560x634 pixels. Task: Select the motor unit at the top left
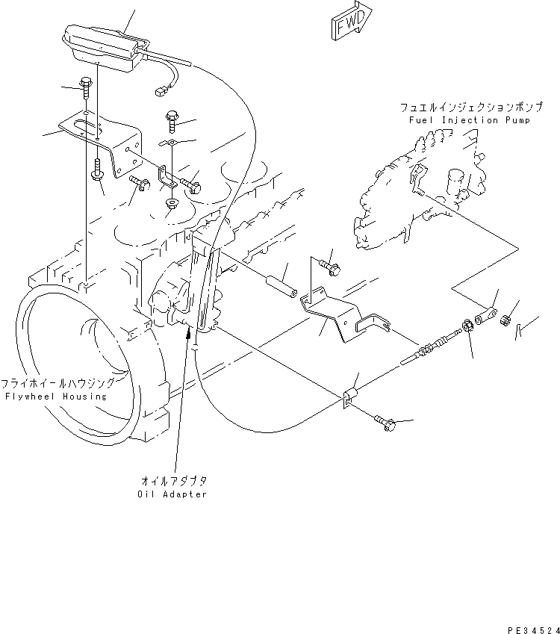[101, 46]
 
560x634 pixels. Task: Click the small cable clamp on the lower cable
[349, 398]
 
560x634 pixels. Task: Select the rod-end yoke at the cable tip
[488, 314]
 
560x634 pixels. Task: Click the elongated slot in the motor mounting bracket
[90, 126]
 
